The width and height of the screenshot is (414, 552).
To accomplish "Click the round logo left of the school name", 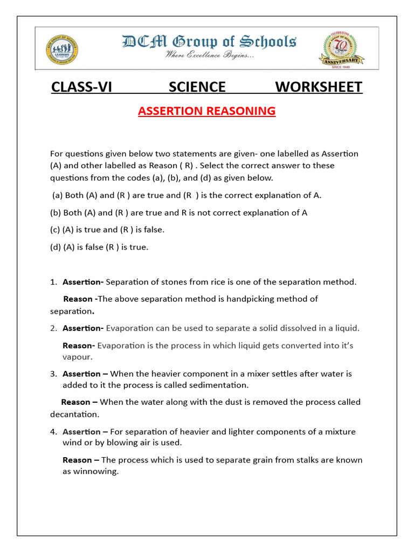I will (x=62, y=49).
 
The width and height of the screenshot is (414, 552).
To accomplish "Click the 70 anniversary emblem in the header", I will (x=340, y=49).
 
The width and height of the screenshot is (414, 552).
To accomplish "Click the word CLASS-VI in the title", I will (x=81, y=87).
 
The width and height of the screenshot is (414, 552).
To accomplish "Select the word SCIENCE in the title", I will (x=197, y=87).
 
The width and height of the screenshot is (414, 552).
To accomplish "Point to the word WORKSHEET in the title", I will (x=319, y=87).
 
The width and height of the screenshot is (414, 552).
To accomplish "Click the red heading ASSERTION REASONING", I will (x=206, y=111).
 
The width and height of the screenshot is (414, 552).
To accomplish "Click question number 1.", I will (x=53, y=282).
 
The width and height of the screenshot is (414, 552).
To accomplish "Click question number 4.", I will (x=53, y=432).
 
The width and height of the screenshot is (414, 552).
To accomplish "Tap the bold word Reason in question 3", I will (x=76, y=402).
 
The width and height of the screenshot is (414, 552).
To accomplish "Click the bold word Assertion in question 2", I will (x=82, y=328).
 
